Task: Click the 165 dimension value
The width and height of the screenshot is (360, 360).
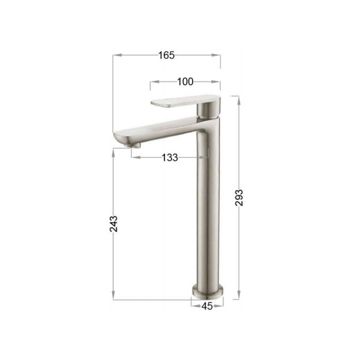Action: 167,55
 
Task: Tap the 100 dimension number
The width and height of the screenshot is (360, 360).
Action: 185,82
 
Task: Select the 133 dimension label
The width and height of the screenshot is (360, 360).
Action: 170,158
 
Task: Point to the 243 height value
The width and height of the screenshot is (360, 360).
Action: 113,224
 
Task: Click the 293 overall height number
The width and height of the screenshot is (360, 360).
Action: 239,197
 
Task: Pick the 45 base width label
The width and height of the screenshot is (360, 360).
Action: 207,306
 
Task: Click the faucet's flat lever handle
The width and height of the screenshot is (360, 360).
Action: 185,101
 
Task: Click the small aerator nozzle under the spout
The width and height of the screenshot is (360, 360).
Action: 133,145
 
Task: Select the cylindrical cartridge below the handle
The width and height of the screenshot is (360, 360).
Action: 208,110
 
